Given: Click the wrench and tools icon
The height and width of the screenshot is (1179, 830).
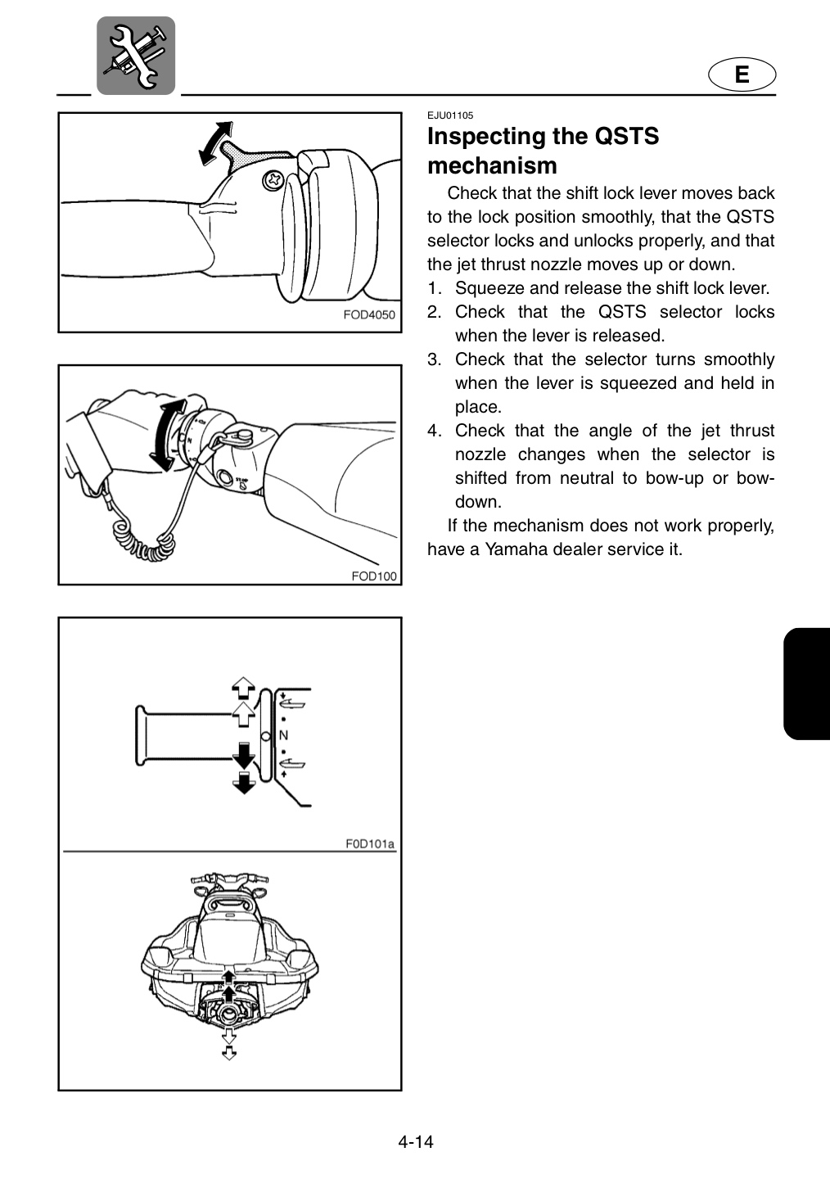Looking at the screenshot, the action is [136, 56].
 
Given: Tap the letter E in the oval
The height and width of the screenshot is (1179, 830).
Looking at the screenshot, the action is [742, 75].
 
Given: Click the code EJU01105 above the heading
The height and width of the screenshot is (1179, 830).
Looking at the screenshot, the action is [450, 115].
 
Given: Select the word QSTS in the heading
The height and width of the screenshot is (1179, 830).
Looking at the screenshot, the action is [626, 136].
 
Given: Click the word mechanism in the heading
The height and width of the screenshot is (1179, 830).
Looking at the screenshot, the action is [492, 165].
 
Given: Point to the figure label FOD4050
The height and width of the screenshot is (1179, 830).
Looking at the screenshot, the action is [369, 314].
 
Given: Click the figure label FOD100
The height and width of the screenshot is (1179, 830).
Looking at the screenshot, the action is [374, 576].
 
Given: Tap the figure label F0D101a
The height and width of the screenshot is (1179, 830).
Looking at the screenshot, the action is [369, 843].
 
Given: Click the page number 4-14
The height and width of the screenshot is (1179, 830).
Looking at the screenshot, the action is [416, 1142].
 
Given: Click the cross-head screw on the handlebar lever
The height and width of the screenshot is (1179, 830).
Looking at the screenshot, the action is [273, 181].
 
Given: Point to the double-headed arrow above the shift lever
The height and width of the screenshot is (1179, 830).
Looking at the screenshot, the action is [216, 143].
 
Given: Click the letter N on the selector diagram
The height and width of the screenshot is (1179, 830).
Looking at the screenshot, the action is [283, 735].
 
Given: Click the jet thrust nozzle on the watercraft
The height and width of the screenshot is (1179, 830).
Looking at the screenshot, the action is [229, 1012].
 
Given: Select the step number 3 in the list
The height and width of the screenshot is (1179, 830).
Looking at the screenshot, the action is [434, 359].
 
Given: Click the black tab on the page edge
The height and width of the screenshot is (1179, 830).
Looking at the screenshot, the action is [806, 684].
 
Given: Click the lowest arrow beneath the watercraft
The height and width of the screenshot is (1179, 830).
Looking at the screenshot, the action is [229, 1053].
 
